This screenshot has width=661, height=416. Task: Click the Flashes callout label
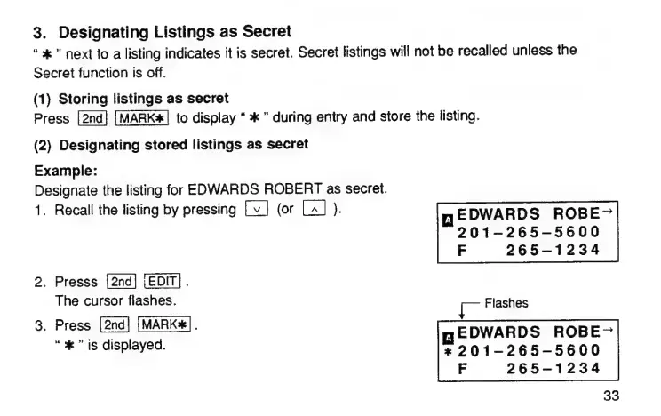pos(507,303)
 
